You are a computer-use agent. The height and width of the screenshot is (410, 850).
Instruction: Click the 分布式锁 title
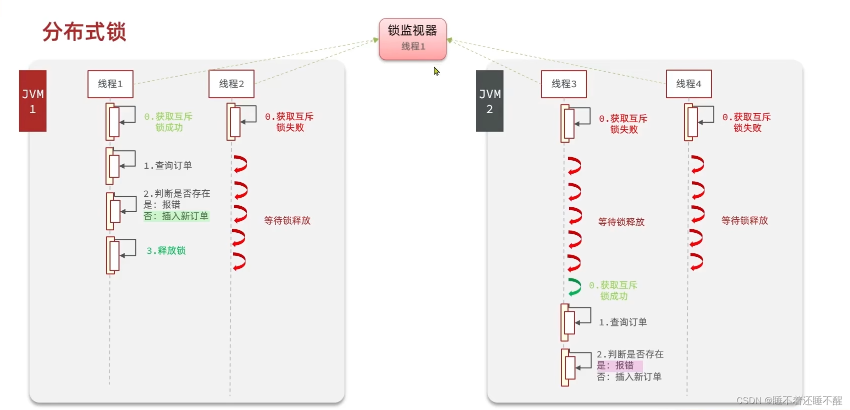click(x=84, y=32)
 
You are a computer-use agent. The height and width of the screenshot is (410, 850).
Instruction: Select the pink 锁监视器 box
click(x=412, y=39)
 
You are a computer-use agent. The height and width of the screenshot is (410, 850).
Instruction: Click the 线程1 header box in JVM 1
click(x=110, y=84)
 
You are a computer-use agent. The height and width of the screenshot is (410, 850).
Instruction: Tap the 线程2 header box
click(x=231, y=84)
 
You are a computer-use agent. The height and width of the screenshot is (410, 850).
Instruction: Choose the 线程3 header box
click(x=564, y=84)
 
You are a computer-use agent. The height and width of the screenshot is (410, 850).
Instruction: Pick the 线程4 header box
click(x=688, y=84)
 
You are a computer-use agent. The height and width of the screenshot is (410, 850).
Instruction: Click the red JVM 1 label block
click(x=32, y=101)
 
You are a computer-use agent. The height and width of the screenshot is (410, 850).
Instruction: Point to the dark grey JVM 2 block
click(x=489, y=101)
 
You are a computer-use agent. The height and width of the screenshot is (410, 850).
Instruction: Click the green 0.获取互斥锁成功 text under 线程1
click(x=168, y=122)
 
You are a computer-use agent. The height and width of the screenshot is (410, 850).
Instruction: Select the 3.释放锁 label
click(x=166, y=250)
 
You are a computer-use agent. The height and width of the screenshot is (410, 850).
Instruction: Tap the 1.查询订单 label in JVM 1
click(x=167, y=165)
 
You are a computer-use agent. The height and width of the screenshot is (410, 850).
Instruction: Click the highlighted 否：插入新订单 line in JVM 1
click(x=176, y=216)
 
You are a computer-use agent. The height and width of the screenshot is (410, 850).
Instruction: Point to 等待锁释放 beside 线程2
click(x=287, y=220)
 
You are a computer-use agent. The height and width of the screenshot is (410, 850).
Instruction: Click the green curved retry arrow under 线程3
click(x=574, y=287)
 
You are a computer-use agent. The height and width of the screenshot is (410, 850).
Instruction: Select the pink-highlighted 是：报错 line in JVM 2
click(x=615, y=365)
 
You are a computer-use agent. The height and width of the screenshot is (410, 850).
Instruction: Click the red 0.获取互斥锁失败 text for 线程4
click(x=746, y=122)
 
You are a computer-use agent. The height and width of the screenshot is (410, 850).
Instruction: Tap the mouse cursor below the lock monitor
click(x=436, y=71)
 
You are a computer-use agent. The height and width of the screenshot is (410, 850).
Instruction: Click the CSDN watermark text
click(x=789, y=400)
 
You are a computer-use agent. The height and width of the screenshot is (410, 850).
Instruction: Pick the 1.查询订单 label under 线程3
click(x=623, y=322)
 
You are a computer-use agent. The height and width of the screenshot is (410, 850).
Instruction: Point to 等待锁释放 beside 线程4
click(x=744, y=220)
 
